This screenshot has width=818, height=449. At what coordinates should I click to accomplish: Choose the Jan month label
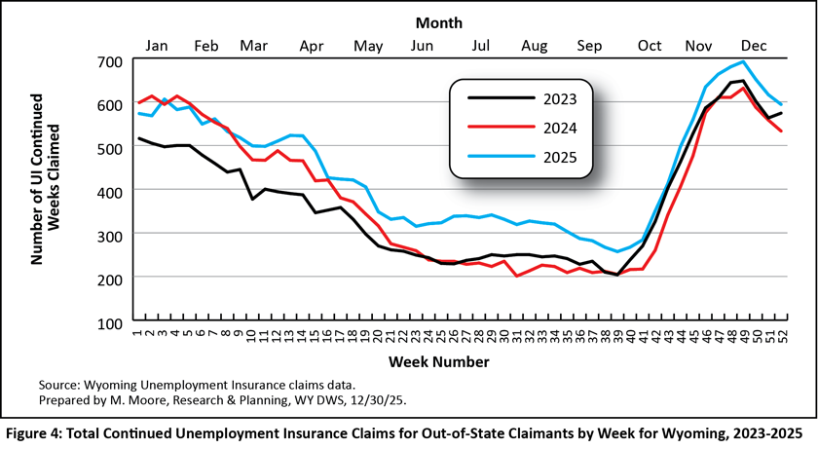[157, 45]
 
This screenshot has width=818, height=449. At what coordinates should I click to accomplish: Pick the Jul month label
[480, 45]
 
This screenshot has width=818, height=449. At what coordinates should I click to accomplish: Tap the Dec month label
[751, 45]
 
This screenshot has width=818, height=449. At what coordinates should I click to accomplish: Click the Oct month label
[649, 45]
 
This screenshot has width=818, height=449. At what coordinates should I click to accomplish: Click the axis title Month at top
[438, 21]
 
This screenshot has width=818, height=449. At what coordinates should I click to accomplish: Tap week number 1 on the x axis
[138, 336]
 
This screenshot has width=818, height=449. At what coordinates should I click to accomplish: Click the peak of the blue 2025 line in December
[743, 62]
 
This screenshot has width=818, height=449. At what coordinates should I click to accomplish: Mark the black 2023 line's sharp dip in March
[252, 199]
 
